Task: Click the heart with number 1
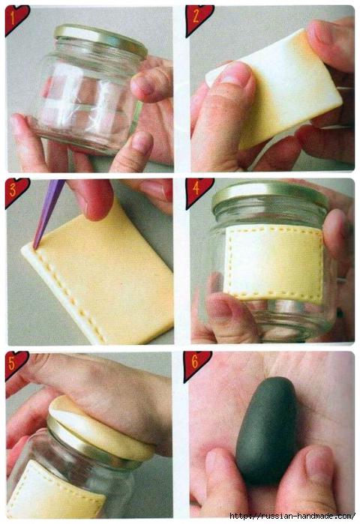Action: (15, 19)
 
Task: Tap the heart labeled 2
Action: (197, 19)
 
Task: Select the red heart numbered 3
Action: (16, 192)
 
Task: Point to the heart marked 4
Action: (198, 192)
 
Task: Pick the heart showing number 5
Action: (15, 364)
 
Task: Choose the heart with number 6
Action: (196, 365)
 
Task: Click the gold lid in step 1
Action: (100, 40)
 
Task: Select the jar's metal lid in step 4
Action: (270, 195)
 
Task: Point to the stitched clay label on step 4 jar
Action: (274, 262)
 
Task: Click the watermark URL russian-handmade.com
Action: (292, 516)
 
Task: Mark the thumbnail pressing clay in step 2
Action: (235, 74)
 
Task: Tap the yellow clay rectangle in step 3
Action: (100, 274)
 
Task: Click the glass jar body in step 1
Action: (87, 100)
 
